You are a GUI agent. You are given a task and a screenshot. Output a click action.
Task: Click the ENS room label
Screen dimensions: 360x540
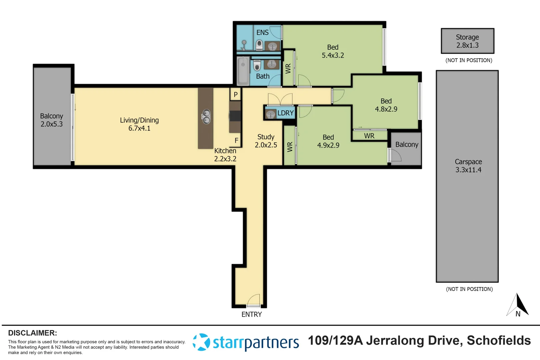click(262, 32)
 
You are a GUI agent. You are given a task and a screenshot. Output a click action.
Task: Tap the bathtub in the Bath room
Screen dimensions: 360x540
click(243, 71)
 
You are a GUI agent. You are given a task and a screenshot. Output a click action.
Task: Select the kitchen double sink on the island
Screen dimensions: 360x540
click(206, 116)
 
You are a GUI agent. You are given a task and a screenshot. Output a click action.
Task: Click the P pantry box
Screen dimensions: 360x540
click(235, 94)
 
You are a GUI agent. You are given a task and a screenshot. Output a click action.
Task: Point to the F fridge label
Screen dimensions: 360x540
click(236, 140)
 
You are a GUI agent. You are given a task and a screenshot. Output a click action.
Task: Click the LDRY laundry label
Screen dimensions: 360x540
click(285, 113)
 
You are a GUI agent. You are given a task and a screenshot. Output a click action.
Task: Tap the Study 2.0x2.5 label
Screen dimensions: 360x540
click(266, 141)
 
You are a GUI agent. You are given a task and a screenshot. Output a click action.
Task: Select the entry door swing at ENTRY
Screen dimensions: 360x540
click(253, 300)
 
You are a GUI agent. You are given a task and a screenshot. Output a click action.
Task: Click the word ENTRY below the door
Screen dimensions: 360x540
click(252, 314)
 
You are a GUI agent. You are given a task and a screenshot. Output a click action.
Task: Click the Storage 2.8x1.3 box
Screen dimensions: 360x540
click(467, 41)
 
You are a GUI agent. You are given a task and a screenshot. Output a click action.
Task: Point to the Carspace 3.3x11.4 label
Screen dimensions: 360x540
click(468, 166)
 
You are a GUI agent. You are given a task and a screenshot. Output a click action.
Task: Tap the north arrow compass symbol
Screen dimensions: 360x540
click(518, 305)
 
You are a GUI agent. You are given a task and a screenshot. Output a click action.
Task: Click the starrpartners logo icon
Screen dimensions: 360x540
click(201, 342)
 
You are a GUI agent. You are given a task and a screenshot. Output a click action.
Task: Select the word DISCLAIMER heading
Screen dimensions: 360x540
click(32, 333)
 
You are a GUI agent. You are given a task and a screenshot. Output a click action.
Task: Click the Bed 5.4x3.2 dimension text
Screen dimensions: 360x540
click(333, 55)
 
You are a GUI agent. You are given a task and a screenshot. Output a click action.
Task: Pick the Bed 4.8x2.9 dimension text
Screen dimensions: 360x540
click(386, 109)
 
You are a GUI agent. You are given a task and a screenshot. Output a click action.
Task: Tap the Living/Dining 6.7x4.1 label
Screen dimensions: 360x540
click(139, 124)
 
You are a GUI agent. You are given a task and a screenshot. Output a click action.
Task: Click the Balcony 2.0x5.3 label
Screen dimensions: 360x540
click(52, 120)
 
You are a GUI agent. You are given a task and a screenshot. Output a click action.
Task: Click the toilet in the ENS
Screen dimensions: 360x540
click(259, 45)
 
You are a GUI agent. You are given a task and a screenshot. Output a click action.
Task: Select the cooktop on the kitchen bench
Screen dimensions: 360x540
click(235, 116)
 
